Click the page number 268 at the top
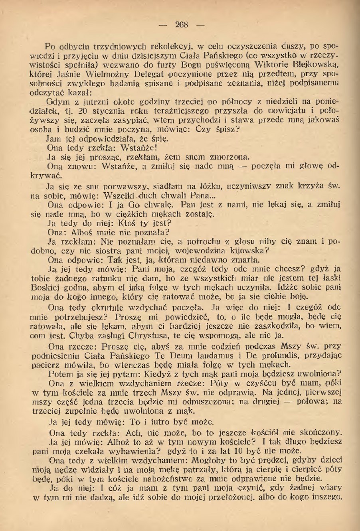pyautogui.click(x=182, y=24)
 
